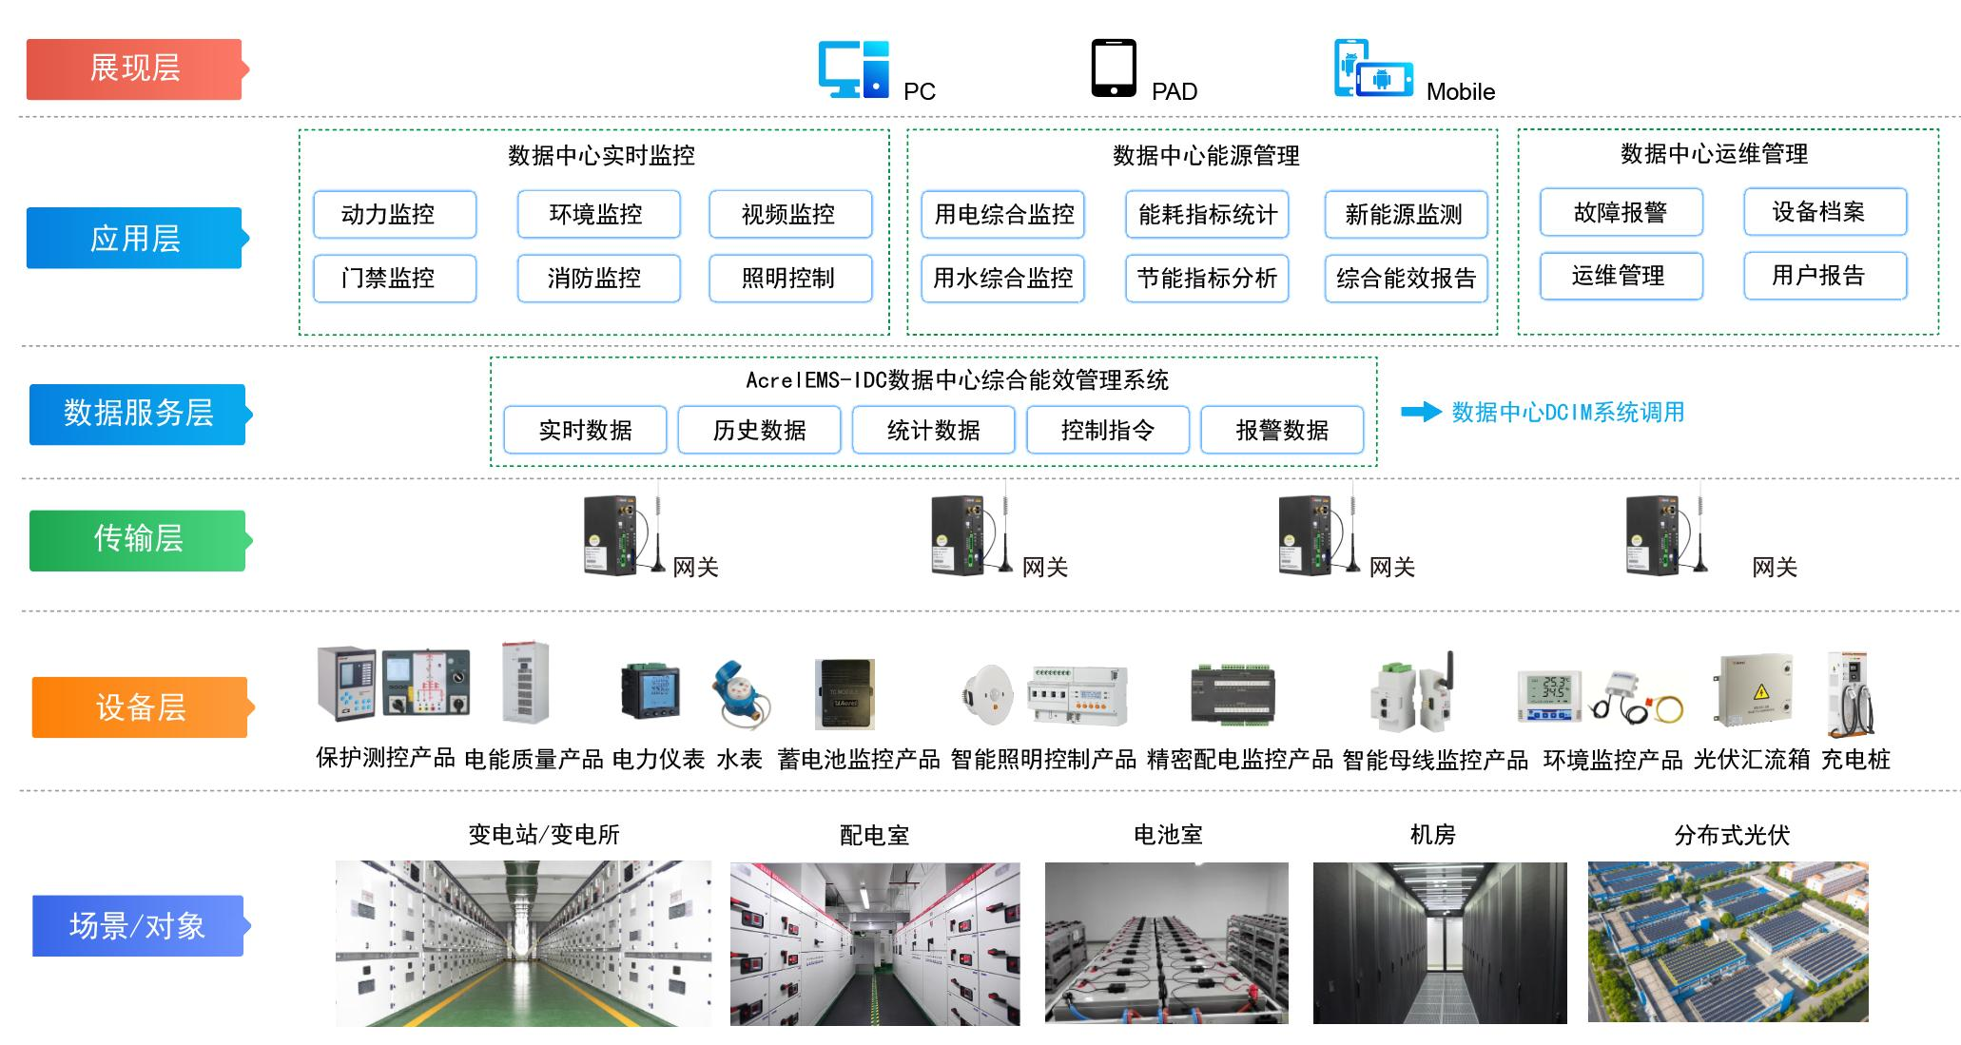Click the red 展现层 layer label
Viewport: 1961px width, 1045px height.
(x=134, y=68)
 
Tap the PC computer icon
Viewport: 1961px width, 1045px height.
(x=853, y=68)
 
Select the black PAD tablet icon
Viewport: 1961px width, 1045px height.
(x=1113, y=68)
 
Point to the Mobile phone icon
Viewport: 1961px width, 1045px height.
(x=1371, y=68)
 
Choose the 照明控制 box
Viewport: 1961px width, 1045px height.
(x=789, y=279)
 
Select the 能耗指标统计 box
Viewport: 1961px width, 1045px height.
(x=1207, y=214)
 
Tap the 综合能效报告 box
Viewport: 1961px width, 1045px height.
(x=1406, y=279)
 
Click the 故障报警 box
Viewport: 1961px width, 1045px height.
(x=1621, y=212)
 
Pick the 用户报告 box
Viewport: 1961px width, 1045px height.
(x=1824, y=276)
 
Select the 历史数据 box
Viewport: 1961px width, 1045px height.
(x=759, y=430)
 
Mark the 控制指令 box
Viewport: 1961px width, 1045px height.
(x=1107, y=430)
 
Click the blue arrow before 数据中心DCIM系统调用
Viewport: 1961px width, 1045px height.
(x=1421, y=412)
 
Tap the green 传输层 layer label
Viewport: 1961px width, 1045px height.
(x=138, y=540)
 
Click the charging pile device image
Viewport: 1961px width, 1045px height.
(x=1850, y=693)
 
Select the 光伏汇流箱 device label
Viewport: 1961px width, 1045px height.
(x=1751, y=759)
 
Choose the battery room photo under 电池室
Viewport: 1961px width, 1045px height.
(x=1166, y=942)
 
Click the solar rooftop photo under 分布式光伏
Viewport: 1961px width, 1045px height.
(x=1727, y=942)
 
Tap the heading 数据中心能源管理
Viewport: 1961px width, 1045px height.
(x=1206, y=155)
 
